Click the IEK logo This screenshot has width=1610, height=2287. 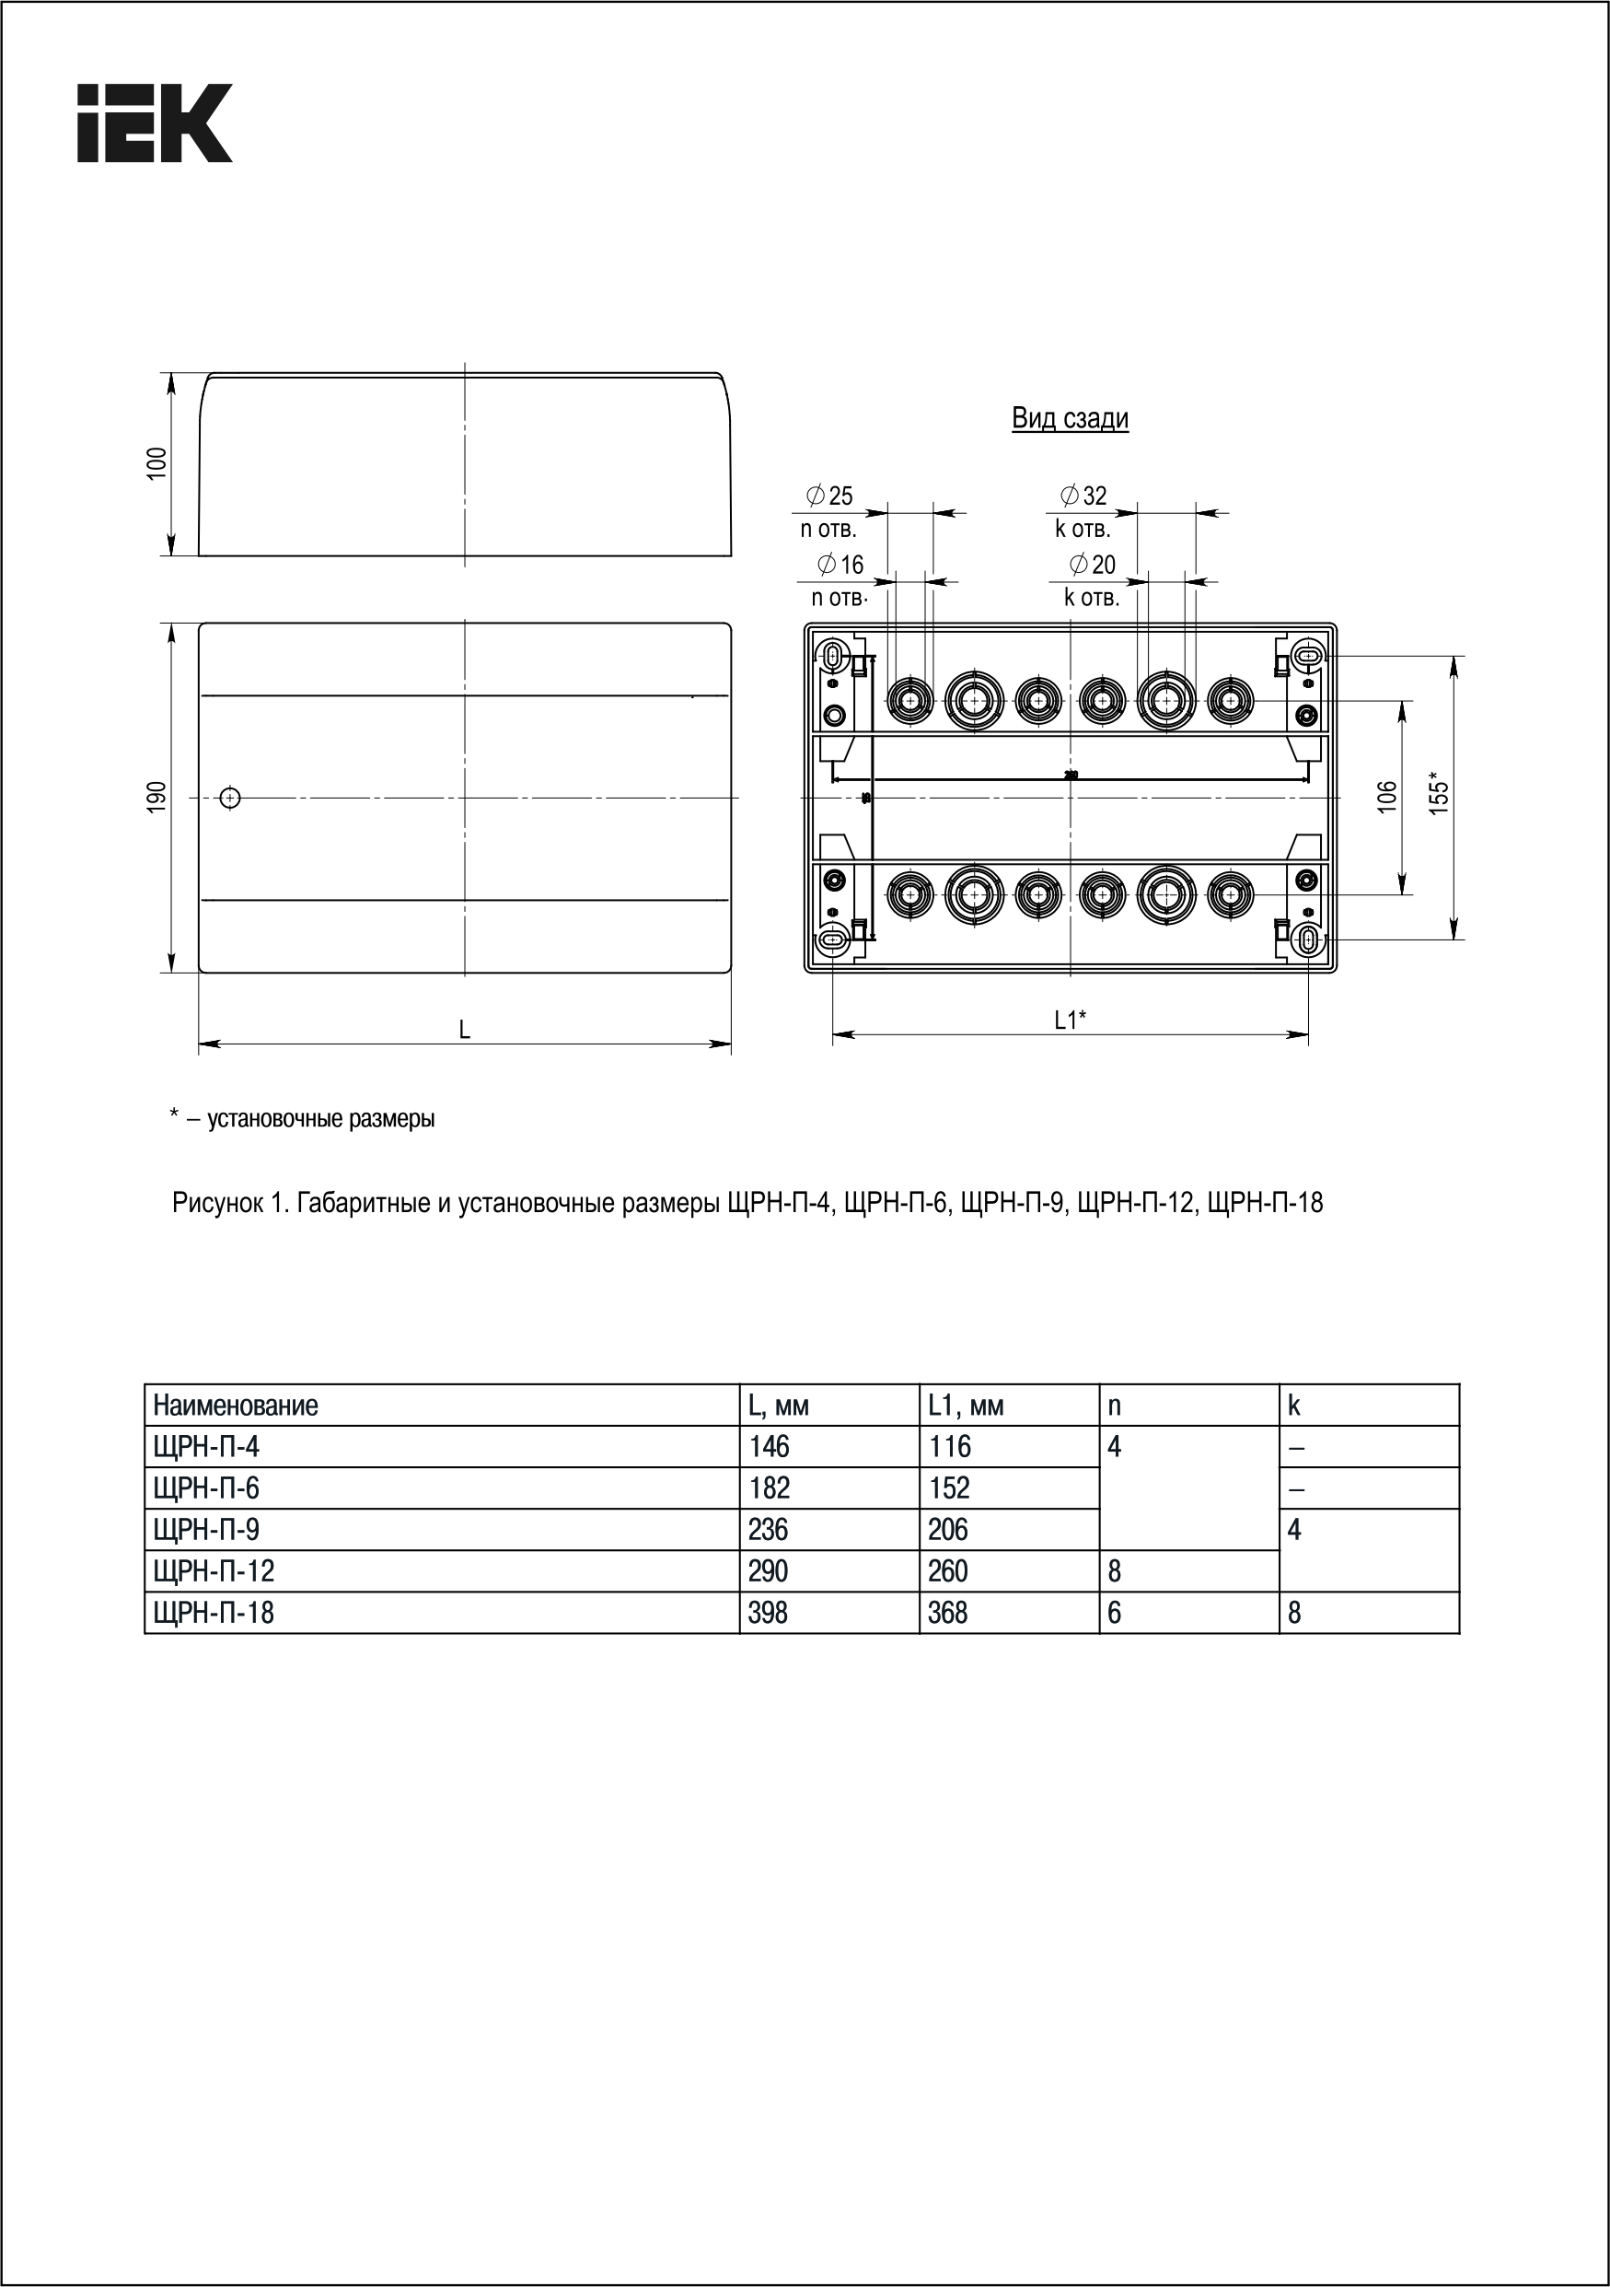pyautogui.click(x=155, y=123)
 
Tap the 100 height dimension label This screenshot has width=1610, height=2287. pyautogui.click(x=157, y=463)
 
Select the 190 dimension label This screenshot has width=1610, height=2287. pyautogui.click(x=157, y=797)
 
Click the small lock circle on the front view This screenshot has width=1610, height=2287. pyautogui.click(x=230, y=797)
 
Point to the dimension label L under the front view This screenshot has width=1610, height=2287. pyautogui.click(x=464, y=1030)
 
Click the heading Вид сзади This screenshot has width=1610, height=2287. pyautogui.click(x=1070, y=417)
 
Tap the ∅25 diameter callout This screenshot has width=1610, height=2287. pyautogui.click(x=829, y=495)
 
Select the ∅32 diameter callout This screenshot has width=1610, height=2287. pyautogui.click(x=1083, y=495)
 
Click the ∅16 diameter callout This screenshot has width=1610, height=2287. pyautogui.click(x=840, y=565)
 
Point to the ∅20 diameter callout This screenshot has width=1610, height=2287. pyautogui.click(x=1093, y=565)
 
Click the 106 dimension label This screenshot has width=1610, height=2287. pyautogui.click(x=1387, y=796)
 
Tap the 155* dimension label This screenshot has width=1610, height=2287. pyautogui.click(x=1438, y=793)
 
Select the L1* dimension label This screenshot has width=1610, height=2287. pyautogui.click(x=1071, y=1019)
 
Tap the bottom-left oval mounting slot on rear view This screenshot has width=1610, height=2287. pyautogui.click(x=832, y=939)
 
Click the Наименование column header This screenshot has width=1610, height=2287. pyautogui.click(x=236, y=1406)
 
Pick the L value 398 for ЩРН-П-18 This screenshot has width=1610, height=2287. pyautogui.click(x=768, y=1613)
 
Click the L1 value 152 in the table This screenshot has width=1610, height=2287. pyautogui.click(x=949, y=1488)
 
